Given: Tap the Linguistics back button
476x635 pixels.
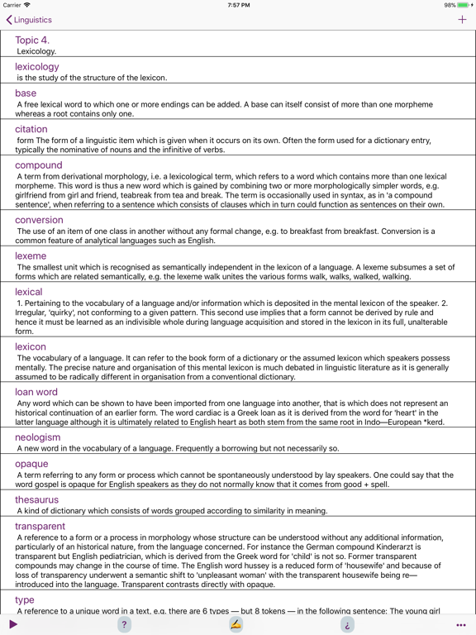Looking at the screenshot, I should click(x=29, y=20).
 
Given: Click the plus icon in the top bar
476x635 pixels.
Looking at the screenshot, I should click(x=462, y=20).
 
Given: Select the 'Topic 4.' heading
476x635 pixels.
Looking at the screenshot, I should click(x=32, y=40).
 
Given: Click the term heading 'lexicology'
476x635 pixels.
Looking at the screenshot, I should click(x=36, y=67).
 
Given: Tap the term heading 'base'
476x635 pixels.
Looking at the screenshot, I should click(x=26, y=93).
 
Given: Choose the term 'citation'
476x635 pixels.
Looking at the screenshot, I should click(x=31, y=129).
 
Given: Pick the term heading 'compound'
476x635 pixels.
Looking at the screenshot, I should click(x=38, y=165).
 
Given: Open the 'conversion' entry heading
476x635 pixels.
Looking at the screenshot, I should click(x=39, y=220).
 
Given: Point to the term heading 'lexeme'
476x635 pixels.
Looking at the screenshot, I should click(x=31, y=256).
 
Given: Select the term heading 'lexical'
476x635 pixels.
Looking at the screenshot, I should click(x=28, y=292).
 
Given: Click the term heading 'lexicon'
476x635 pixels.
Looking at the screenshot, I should click(x=31, y=346).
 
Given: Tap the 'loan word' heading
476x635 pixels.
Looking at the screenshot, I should click(x=36, y=392).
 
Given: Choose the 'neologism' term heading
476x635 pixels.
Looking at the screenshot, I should click(x=37, y=437).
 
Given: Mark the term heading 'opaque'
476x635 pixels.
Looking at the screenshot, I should click(x=31, y=464).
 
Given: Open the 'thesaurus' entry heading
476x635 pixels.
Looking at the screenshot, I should click(x=36, y=500).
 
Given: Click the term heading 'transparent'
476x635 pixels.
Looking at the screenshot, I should click(x=40, y=527).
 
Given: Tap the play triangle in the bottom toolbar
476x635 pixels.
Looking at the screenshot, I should click(x=13, y=624).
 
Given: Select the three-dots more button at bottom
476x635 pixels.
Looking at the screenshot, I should click(x=461, y=625).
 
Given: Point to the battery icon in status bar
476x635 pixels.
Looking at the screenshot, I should click(x=464, y=5).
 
